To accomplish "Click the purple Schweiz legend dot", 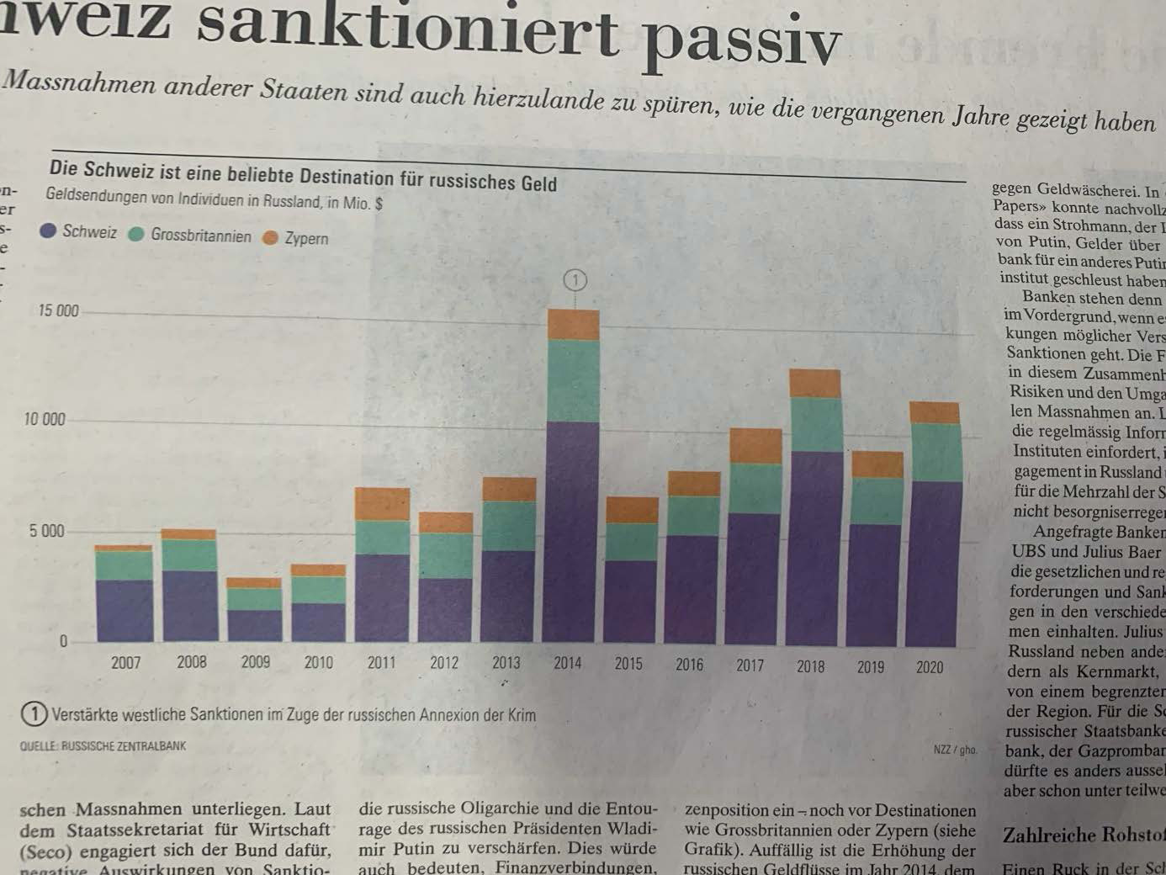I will click(x=48, y=230).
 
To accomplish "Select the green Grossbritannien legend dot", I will click(x=136, y=234).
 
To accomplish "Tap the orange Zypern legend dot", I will click(x=270, y=238).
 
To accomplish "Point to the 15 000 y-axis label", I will click(x=58, y=310).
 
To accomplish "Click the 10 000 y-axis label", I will click(x=45, y=419).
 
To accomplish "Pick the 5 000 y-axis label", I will click(x=46, y=531).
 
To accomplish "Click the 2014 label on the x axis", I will click(x=567, y=663).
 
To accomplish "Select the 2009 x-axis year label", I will click(x=256, y=662).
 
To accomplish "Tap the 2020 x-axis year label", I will click(x=929, y=667).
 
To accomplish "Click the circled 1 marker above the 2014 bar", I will click(x=575, y=280).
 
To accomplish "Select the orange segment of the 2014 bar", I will click(x=573, y=325).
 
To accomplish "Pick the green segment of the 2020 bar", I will click(x=935, y=453).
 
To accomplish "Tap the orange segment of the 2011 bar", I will click(x=382, y=504).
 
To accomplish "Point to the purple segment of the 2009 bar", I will click(x=254, y=625).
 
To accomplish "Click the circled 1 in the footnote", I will click(x=33, y=714).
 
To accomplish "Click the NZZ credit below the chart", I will click(x=955, y=749).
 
